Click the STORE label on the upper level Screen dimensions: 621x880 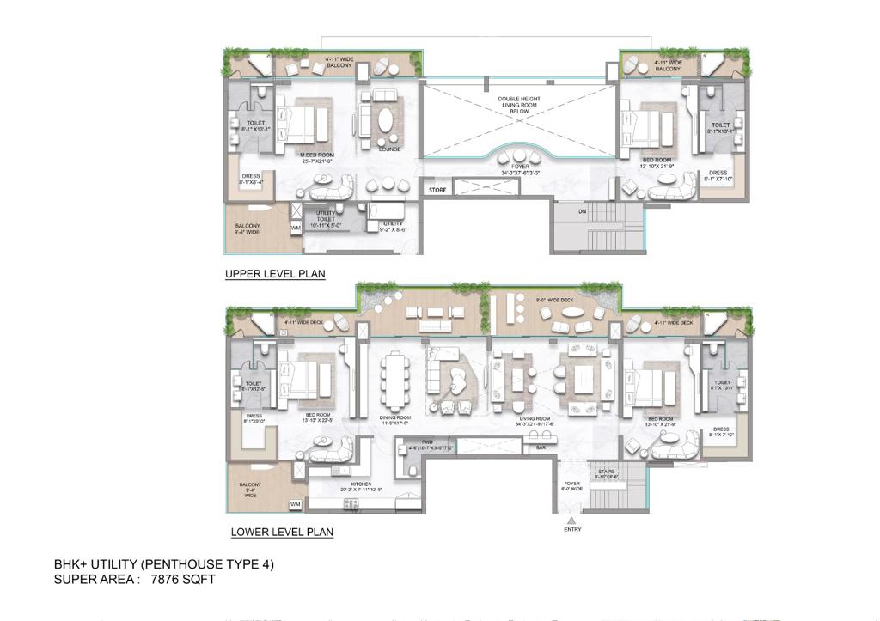pos(437,190)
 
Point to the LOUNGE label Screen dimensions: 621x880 pos(388,149)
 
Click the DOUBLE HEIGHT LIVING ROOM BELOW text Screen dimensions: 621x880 pos(519,105)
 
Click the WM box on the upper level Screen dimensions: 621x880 pos(296,228)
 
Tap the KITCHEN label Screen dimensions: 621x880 pos(360,484)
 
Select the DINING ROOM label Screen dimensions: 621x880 pos(395,418)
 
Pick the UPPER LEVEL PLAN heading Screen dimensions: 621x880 pos(275,274)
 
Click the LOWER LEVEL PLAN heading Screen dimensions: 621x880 pos(282,533)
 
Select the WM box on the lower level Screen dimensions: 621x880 pos(295,503)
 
